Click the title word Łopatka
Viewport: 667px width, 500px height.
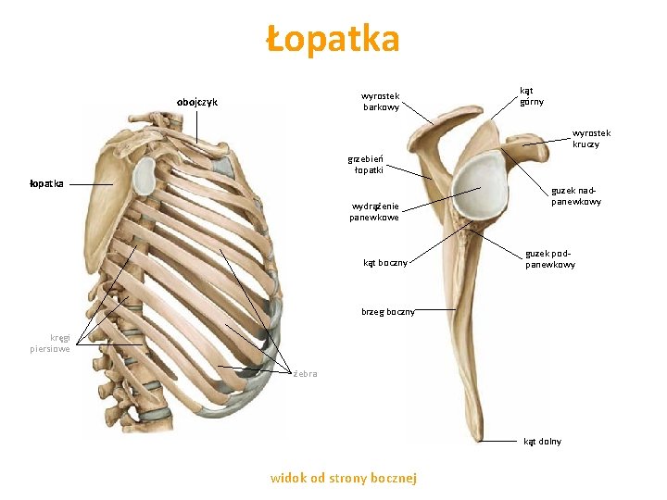pos(333,40)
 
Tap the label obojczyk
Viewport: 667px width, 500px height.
pos(197,102)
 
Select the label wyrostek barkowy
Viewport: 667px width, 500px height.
pos(381,101)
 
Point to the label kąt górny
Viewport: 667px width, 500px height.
pos(532,96)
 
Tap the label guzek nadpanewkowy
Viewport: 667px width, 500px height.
pos(576,195)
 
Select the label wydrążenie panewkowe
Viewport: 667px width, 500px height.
pos(374,211)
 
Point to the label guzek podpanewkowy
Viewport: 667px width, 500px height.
pos(550,258)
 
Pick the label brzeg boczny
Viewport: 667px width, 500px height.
pos(388,312)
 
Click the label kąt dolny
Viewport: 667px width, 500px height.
pos(542,441)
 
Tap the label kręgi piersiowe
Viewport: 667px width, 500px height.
pos(50,344)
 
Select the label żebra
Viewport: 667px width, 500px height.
pos(305,374)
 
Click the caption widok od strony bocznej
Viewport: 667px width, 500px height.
pos(344,478)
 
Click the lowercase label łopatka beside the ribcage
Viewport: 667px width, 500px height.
pos(46,183)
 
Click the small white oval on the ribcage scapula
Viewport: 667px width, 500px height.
pos(145,175)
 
